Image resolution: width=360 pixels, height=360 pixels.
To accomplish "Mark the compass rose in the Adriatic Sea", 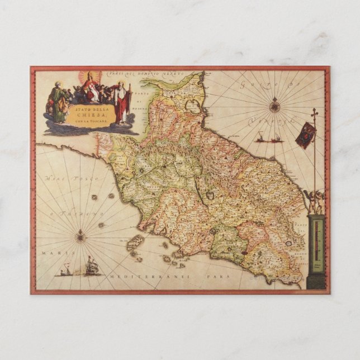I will [x=274, y=105].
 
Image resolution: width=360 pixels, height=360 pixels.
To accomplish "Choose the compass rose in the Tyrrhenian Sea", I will [x=80, y=236].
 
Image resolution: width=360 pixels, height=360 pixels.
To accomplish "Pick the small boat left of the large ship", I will [x=66, y=272].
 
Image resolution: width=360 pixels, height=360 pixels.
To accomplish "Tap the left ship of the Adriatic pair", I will [x=261, y=137].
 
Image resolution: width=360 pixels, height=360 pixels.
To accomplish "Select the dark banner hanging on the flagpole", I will [x=305, y=135].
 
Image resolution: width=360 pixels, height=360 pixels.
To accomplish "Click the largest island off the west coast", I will [x=136, y=243].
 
